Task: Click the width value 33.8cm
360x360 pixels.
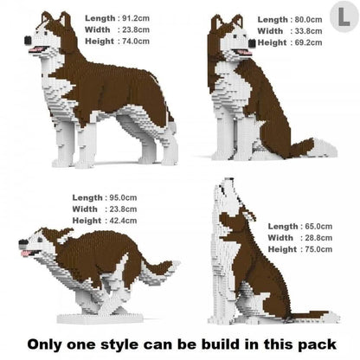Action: tap(309, 30)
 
